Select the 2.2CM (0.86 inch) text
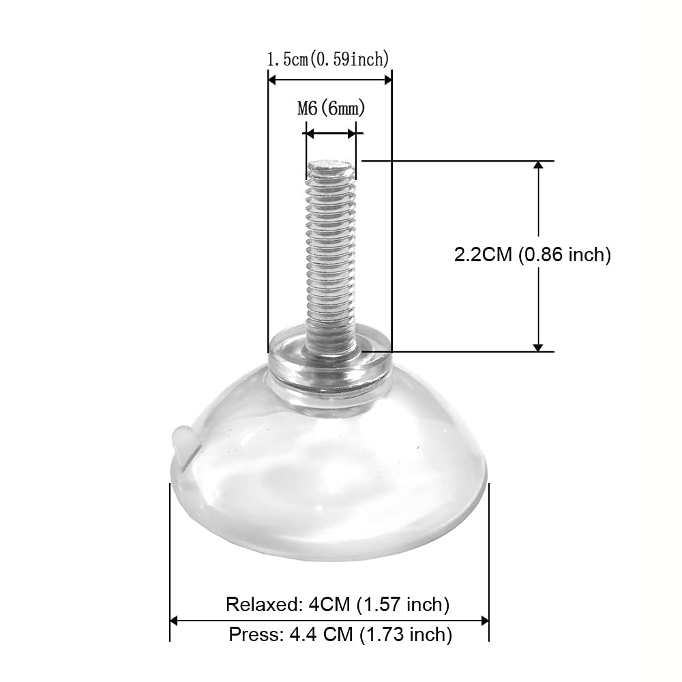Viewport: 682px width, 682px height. [532, 255]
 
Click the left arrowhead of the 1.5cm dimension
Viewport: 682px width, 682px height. [271, 80]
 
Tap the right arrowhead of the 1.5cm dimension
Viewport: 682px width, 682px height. [388, 80]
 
